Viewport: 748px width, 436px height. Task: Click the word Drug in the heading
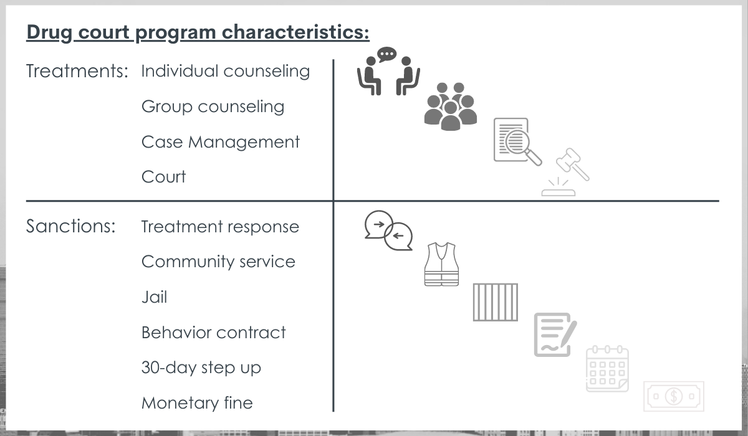click(49, 33)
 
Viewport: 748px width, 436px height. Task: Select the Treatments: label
click(77, 71)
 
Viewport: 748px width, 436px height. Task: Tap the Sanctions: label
click(71, 226)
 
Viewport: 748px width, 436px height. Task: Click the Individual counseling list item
click(226, 72)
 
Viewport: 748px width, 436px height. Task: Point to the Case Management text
click(221, 143)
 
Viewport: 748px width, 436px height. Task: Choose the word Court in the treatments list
click(163, 177)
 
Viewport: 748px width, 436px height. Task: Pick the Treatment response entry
click(220, 227)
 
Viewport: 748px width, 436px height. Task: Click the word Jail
click(155, 297)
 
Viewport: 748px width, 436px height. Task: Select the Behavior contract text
click(214, 333)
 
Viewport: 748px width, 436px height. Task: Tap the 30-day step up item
click(201, 368)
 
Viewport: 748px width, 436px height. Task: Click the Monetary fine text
click(197, 403)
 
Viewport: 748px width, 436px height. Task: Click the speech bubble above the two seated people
click(386, 54)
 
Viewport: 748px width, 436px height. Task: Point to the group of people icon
click(451, 107)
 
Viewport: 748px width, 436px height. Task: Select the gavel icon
click(566, 171)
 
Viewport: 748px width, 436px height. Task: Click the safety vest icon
click(441, 264)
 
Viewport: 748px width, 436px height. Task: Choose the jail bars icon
click(496, 302)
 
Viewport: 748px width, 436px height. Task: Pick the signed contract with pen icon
click(555, 334)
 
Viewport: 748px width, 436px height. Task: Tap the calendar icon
click(607, 369)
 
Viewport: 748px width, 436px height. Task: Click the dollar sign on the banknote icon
click(674, 396)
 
